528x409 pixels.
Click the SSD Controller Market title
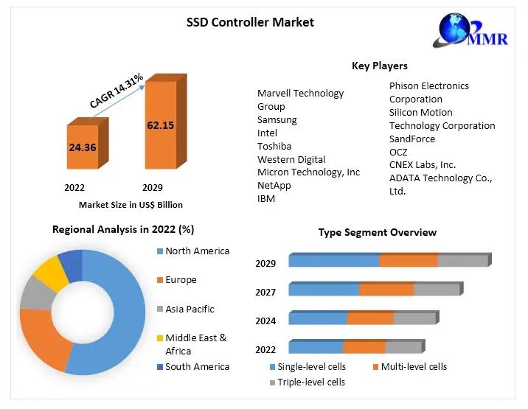[250, 22]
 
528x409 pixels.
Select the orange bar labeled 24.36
[83, 147]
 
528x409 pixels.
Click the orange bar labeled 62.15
[160, 125]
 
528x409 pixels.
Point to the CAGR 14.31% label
[116, 91]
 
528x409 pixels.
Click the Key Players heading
[379, 66]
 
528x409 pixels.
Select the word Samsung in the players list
[277, 119]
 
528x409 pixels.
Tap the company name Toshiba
[274, 146]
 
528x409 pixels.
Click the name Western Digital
[291, 159]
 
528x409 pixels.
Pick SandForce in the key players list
[412, 139]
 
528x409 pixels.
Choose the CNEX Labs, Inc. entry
[423, 165]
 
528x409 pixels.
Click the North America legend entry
[197, 251]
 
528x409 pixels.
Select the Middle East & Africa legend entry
[195, 344]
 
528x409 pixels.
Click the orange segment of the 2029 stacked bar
[409, 261]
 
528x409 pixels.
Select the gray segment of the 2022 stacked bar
[403, 347]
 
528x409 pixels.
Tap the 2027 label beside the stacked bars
[265, 293]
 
